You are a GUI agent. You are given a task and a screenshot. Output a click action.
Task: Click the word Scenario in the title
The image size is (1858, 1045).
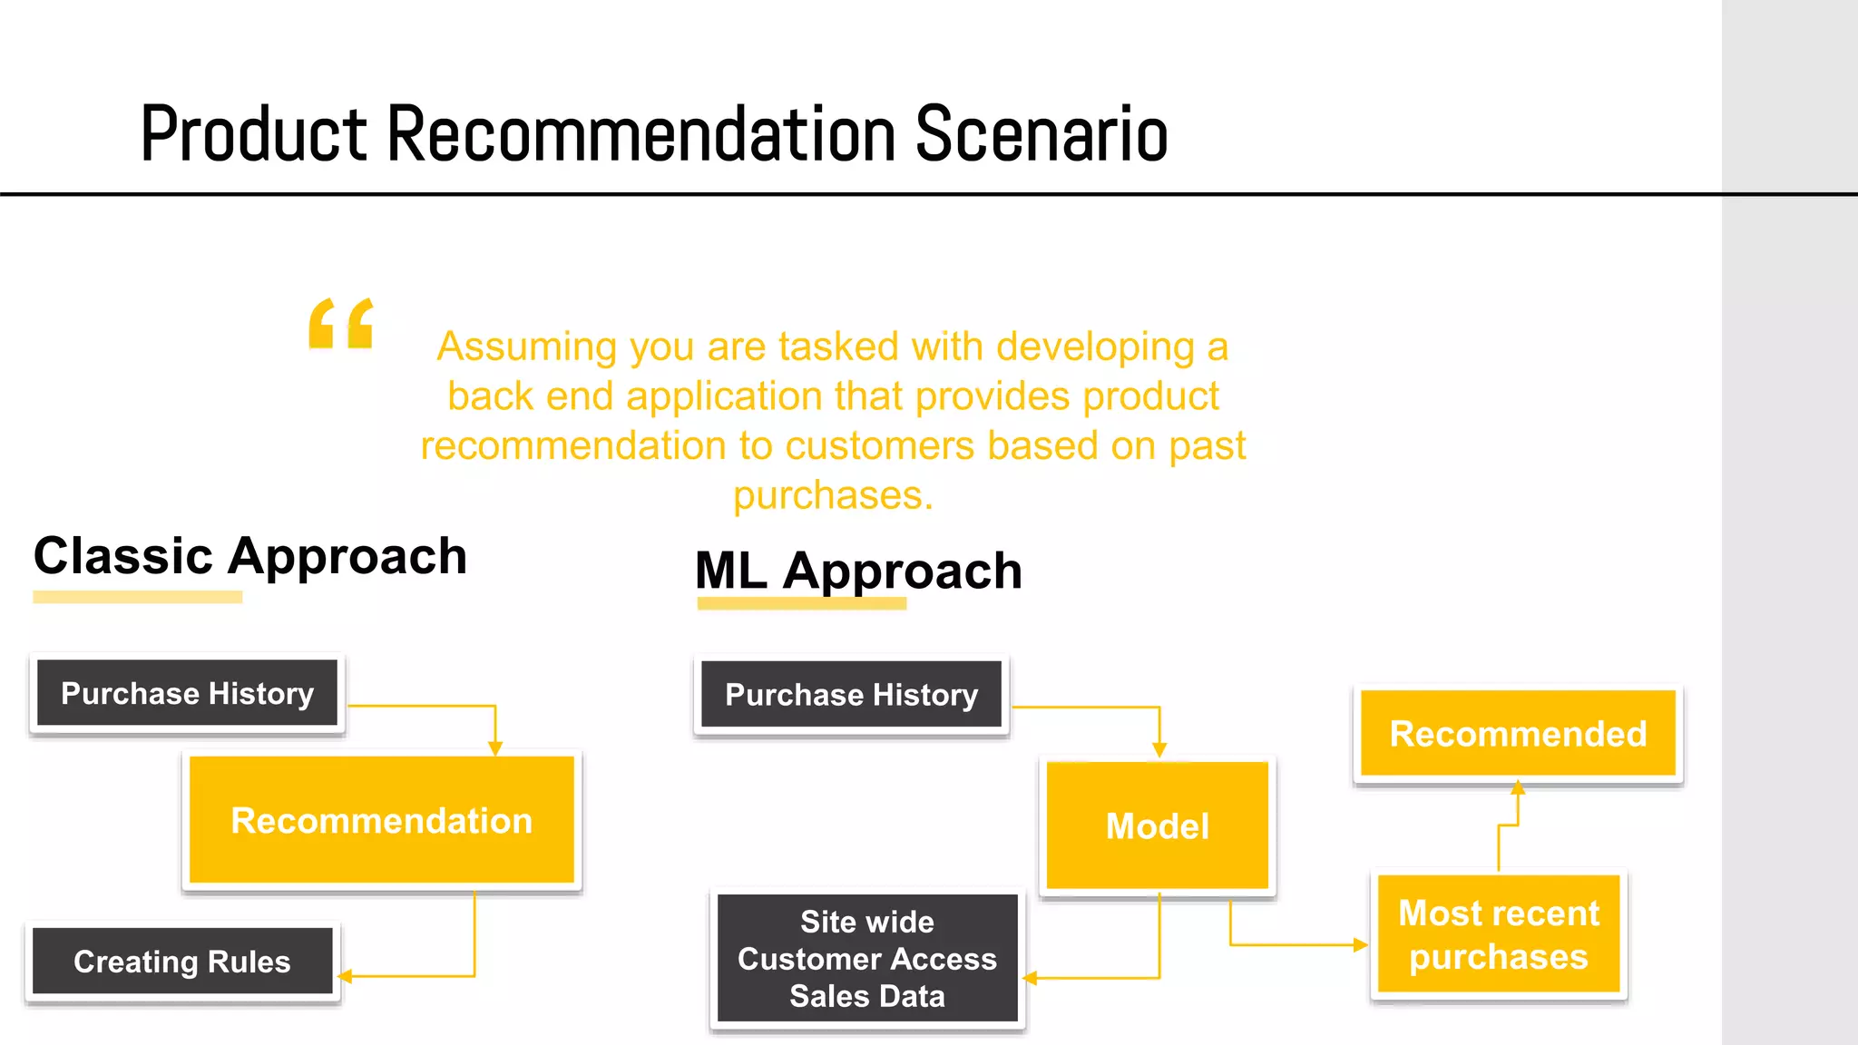point(1041,134)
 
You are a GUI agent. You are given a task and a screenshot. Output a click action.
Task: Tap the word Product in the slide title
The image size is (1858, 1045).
point(255,134)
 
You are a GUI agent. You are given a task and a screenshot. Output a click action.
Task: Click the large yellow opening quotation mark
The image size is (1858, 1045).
point(341,324)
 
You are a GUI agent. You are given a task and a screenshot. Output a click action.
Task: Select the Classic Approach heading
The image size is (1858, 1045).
point(250,555)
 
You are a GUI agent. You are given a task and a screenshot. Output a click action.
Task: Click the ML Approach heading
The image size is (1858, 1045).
point(858,571)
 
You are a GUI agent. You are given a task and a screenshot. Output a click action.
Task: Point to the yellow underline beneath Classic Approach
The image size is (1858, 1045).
point(138,597)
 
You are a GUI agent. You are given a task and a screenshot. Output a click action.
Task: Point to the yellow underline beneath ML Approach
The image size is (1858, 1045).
point(802,603)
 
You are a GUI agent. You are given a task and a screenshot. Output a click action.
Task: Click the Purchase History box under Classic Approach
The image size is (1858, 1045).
point(188,693)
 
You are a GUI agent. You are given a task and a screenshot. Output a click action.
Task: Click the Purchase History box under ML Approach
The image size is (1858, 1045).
point(852,695)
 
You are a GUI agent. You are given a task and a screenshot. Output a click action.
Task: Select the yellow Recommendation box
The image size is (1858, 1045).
point(382,820)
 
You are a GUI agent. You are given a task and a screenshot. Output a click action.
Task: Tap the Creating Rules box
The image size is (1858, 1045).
point(182,962)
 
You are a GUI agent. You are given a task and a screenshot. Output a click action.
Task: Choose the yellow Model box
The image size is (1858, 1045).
point(1158,825)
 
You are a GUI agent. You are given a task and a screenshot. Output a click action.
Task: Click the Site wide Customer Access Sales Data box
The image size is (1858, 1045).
point(867,959)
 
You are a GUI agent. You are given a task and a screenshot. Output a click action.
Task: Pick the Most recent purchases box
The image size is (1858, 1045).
point(1499,934)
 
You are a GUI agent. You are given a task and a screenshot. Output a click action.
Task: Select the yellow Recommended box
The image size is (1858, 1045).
point(1518,733)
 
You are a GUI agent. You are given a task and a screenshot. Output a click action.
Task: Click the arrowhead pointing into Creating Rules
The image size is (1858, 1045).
point(345,977)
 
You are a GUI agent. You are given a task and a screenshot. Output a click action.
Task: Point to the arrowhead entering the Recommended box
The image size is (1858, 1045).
point(1518,787)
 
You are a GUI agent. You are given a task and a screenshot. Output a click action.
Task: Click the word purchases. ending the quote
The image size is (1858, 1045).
point(833,495)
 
